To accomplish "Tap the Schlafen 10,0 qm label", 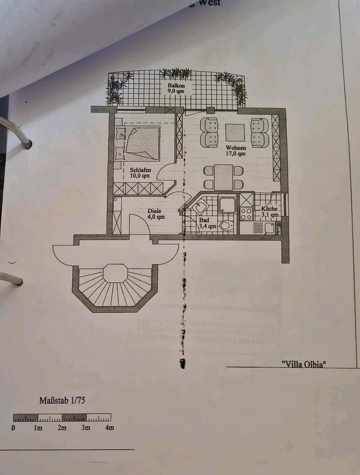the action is [140, 172].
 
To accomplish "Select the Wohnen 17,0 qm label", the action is [235, 150].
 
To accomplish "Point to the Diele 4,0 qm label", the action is [156, 213].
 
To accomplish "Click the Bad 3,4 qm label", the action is [207, 224].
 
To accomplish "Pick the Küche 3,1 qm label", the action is [270, 212].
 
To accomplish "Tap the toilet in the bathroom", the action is [226, 226].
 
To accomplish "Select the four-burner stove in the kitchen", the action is [246, 213].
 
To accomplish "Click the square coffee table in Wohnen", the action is [235, 133].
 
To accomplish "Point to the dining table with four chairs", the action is [224, 177].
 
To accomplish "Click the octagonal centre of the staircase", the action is [115, 273].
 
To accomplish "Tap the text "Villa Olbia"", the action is [304, 365].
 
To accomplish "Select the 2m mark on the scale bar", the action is [62, 427].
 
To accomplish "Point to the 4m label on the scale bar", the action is [109, 427].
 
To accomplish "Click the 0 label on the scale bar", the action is [14, 427].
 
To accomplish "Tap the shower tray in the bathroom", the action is [227, 205].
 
